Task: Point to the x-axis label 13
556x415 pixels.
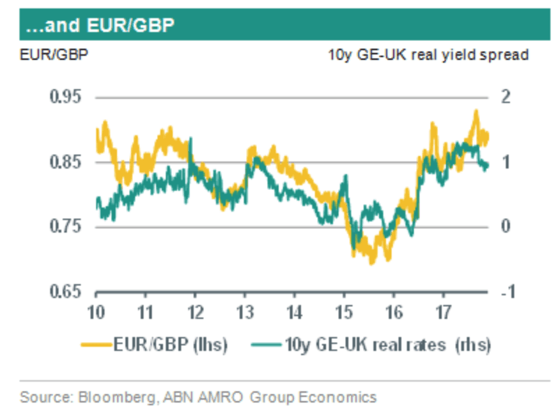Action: point(245,312)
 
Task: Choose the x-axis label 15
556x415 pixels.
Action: point(344,312)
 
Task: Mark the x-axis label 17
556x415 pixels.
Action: point(443,312)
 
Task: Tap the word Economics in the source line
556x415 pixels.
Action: point(338,398)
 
